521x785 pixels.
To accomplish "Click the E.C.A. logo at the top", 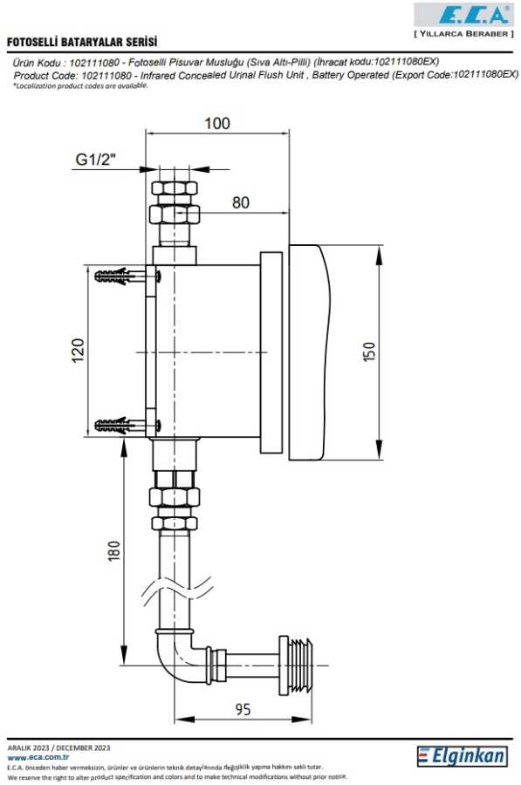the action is [x=463, y=15].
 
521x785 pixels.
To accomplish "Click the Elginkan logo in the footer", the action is [x=462, y=756].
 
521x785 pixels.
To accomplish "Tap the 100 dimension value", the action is [x=217, y=123].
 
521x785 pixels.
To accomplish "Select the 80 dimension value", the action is [x=241, y=202].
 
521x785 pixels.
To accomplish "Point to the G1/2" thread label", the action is [x=96, y=160].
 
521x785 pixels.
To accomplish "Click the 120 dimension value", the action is [x=79, y=351].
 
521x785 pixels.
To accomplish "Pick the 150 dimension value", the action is [x=368, y=352].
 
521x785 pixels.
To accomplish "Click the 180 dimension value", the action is [x=114, y=550].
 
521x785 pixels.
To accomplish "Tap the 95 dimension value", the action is [x=243, y=709].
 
